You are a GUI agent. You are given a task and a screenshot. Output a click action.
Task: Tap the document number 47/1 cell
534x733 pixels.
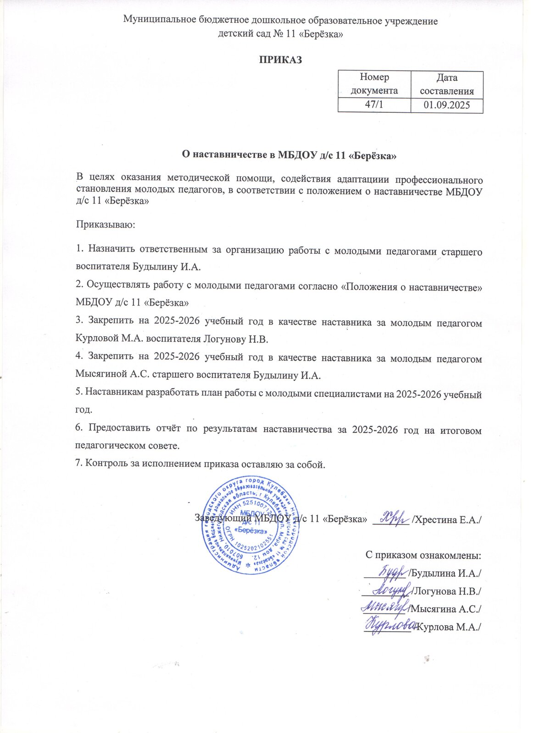click(374, 105)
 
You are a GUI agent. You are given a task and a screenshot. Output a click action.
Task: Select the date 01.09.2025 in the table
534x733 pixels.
click(447, 105)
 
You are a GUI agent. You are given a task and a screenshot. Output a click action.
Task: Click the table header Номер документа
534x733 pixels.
click(374, 84)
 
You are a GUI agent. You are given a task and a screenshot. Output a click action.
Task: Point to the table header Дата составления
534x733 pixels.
click(447, 84)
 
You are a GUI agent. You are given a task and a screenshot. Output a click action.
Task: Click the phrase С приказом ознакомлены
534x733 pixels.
click(423, 555)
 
